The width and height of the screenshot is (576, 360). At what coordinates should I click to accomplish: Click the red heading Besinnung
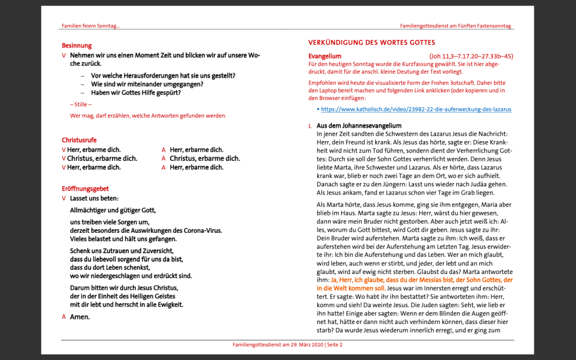tap(76, 46)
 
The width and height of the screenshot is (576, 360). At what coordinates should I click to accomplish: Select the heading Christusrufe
tap(79, 140)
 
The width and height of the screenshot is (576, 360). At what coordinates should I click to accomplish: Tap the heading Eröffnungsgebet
tap(85, 189)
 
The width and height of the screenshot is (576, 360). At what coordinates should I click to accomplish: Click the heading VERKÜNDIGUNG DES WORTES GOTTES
tap(372, 43)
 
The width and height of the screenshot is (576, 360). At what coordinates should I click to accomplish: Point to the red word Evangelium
tap(325, 56)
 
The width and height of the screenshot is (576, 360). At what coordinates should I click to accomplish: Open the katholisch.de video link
tap(416, 109)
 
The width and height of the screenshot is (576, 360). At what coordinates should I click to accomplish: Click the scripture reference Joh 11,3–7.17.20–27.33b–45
tap(471, 56)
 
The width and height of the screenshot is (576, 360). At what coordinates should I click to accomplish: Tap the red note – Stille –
tap(81, 105)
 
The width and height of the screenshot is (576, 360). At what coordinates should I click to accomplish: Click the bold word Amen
tap(79, 317)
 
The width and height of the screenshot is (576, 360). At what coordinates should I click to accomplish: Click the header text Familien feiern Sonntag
tap(91, 26)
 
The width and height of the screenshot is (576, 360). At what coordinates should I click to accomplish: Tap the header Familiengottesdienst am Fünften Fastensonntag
tap(456, 26)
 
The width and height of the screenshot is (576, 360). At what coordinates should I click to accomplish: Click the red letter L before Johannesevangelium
tap(310, 126)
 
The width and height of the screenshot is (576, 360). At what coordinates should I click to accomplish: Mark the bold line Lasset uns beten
tap(94, 198)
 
